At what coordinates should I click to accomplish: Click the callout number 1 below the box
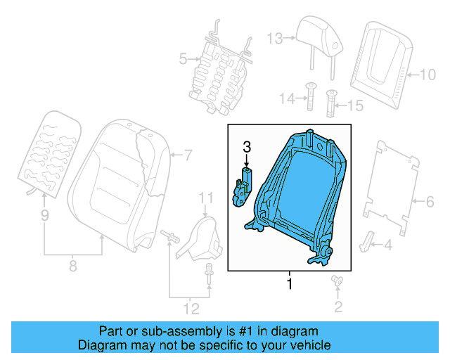pos(287,284)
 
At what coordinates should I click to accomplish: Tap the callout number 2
pos(338,306)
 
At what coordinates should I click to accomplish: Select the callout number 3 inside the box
pos(246,147)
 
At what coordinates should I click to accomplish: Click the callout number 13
pos(274,37)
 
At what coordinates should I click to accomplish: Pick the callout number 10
pos(427,73)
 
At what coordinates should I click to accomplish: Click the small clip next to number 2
pos(336,282)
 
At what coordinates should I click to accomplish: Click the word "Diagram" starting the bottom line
pos(100,345)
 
